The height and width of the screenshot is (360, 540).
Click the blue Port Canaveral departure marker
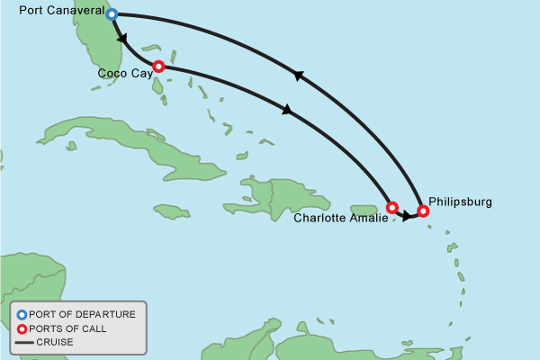pyautogui.click(x=112, y=14)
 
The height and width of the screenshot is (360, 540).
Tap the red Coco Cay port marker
pyautogui.click(x=158, y=66)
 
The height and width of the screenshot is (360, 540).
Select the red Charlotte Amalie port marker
pyautogui.click(x=391, y=207)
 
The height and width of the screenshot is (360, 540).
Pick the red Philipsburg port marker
pyautogui.click(x=423, y=211)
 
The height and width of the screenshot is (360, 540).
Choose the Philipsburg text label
pyautogui.click(x=461, y=202)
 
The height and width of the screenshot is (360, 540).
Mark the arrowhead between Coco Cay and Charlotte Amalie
pyautogui.click(x=287, y=111)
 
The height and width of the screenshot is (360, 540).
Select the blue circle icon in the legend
pyautogui.click(x=22, y=315)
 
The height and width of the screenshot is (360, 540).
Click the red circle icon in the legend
pyautogui.click(x=22, y=328)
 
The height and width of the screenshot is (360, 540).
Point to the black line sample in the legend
pyautogui.click(x=22, y=342)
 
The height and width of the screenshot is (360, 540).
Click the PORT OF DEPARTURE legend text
pyautogui.click(x=82, y=315)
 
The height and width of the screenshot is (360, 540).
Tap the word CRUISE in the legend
pyautogui.click(x=55, y=342)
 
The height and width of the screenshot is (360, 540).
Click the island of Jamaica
pyautogui.click(x=171, y=211)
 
